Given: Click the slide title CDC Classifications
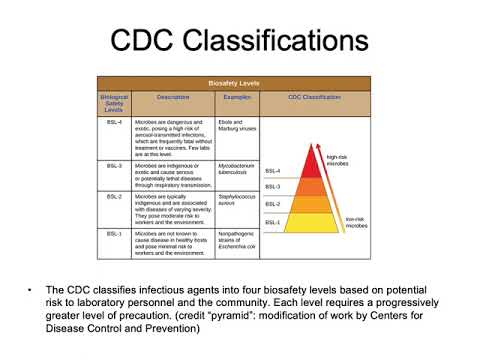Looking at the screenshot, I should pos(240,42).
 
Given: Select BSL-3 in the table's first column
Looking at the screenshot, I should pos(112,158).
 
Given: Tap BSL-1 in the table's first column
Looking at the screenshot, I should pos(112,233).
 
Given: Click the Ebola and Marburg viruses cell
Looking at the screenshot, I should pos(237,125).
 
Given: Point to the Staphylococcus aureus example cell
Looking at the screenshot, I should pos(237,203).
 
